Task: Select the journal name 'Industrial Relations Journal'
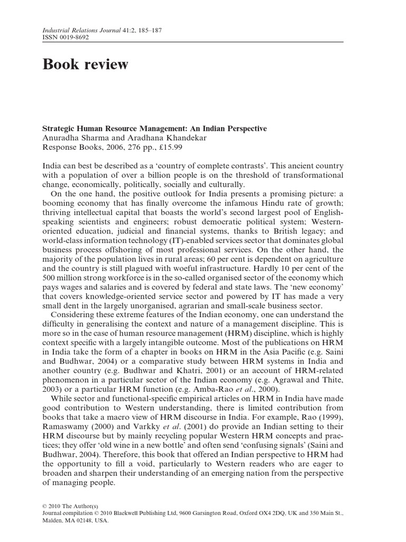coord(79,31)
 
